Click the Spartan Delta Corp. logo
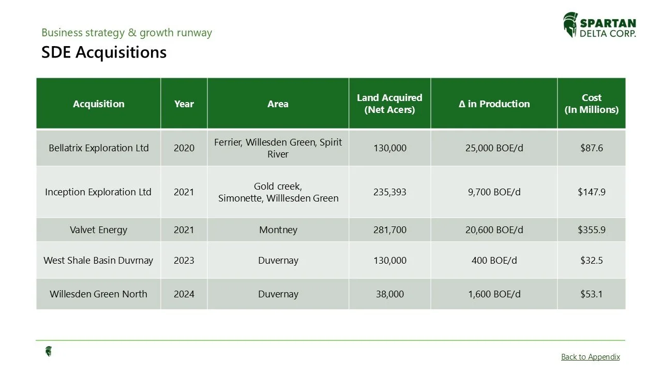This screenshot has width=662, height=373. point(599,25)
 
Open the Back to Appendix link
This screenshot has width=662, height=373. point(590,356)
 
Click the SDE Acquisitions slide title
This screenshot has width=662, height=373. point(104,52)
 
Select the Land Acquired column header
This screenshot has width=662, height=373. point(389,104)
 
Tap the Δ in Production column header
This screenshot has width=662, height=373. point(494,104)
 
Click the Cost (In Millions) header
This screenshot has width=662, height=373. point(591,104)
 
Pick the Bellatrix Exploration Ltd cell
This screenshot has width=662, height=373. point(99,148)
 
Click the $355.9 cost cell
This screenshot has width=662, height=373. point(591,230)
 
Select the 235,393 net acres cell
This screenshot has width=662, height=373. point(389,192)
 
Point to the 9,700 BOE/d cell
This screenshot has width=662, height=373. point(494,192)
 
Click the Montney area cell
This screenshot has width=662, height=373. point(278,230)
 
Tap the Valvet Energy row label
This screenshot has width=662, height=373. point(99,230)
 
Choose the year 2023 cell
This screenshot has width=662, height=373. point(184,261)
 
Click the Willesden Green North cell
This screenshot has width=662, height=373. point(99,294)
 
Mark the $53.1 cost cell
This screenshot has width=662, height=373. point(591,294)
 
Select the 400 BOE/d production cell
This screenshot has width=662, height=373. point(494,261)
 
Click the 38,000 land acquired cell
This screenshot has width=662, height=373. point(389,294)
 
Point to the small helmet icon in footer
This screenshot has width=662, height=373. point(49,352)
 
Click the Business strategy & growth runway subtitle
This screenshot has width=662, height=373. point(127,33)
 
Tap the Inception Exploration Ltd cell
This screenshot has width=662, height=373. point(99,192)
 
